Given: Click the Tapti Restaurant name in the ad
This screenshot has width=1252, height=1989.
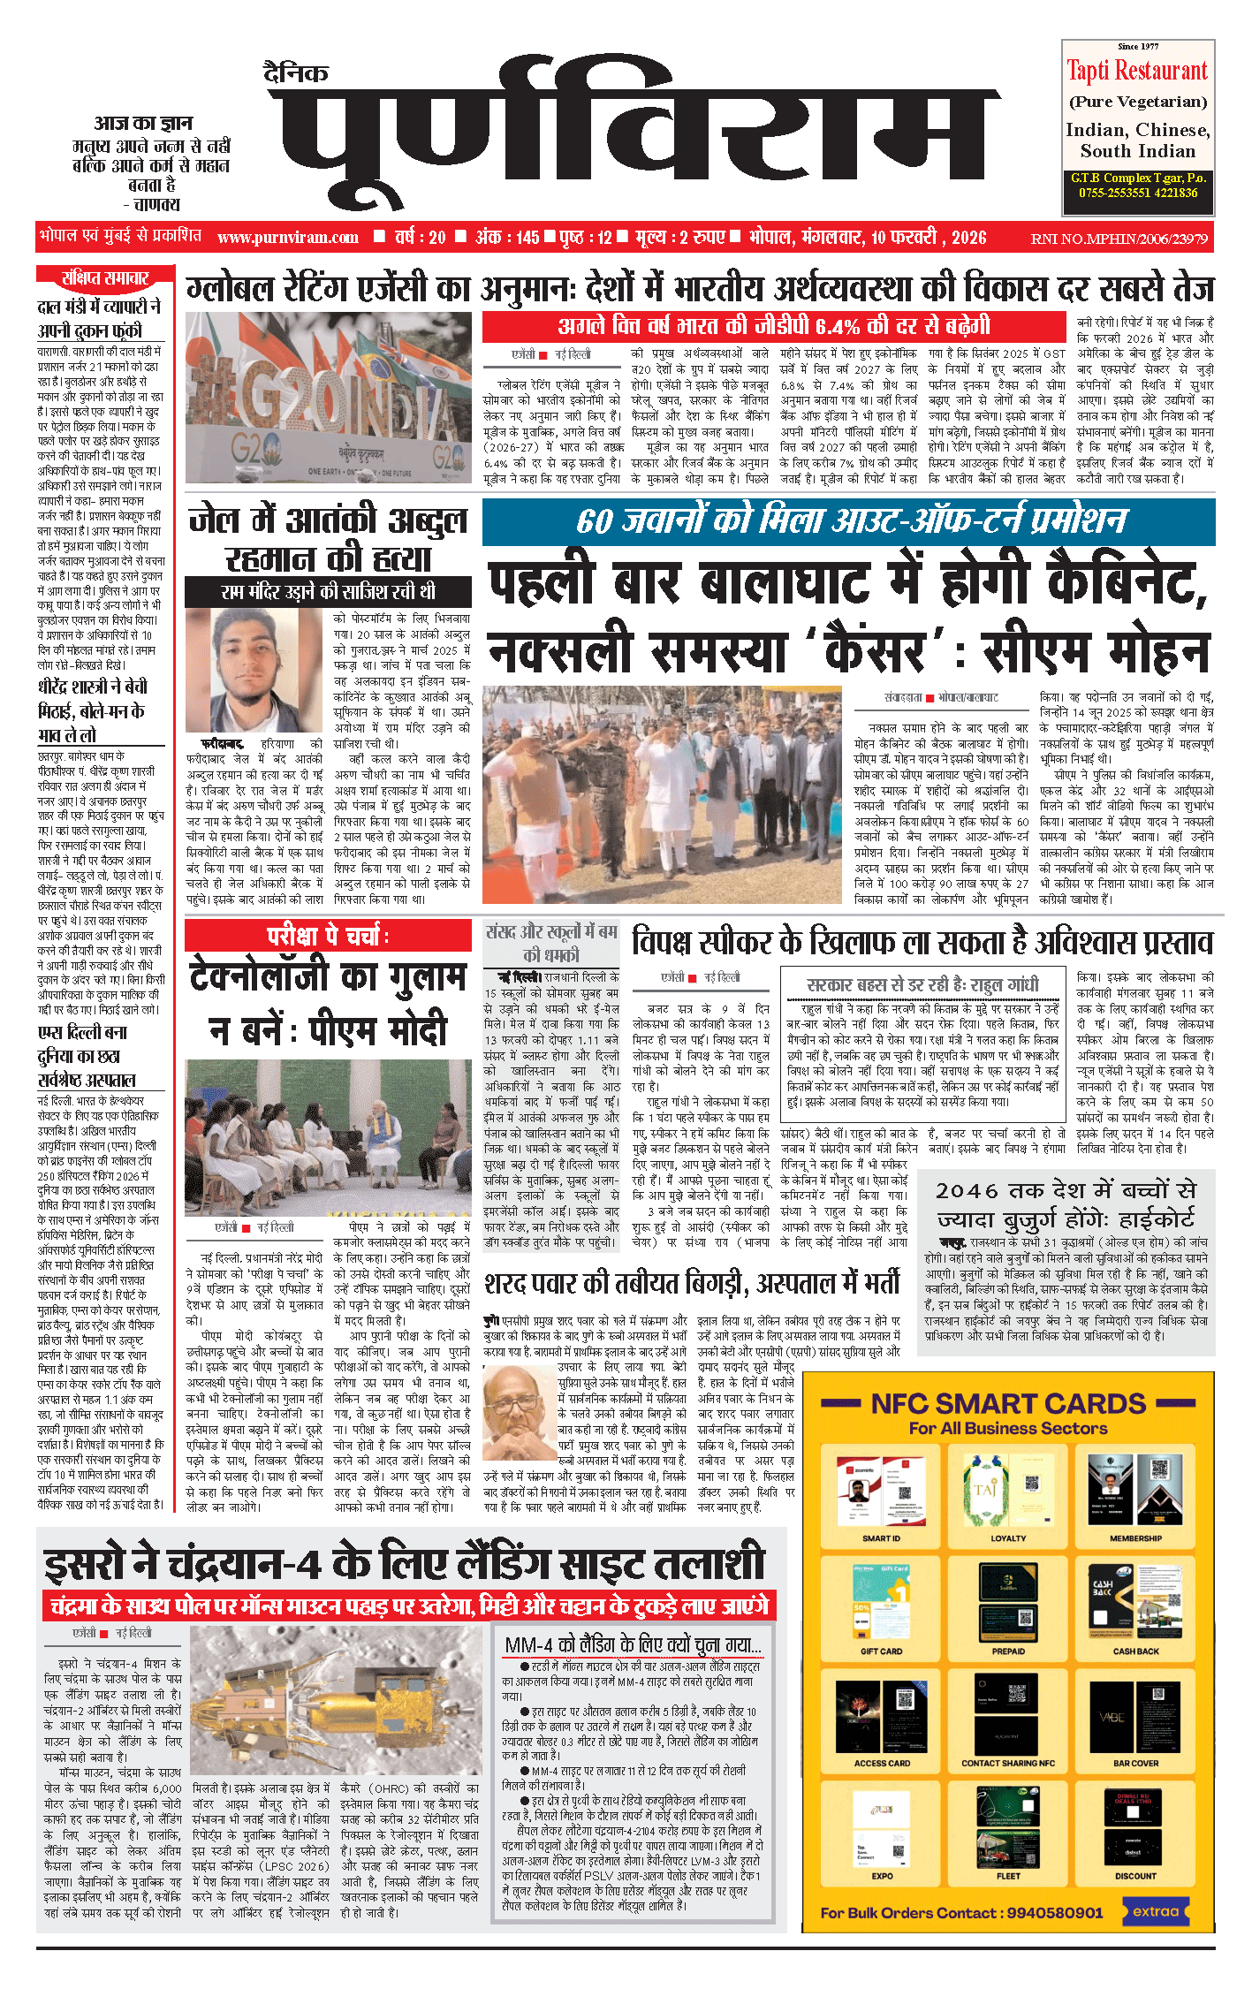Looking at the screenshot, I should pos(1136,71).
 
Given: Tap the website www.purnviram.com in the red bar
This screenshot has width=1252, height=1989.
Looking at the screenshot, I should pos(288,237).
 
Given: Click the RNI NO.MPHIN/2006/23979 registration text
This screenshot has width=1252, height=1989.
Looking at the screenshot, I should pos(1119,238).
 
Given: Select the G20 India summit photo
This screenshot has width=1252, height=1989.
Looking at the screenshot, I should pos(329,397).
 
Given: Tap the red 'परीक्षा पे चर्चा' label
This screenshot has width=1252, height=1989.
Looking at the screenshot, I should pos(328,936).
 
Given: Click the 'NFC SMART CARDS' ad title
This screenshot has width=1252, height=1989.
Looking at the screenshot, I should pos(1008,1404).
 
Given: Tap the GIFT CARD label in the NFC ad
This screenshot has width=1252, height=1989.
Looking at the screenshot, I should pos(881,1651).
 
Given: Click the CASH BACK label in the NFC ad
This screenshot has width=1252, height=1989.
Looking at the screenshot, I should pos(1135,1651).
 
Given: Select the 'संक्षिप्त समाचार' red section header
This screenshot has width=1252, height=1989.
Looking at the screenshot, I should pos(105,277).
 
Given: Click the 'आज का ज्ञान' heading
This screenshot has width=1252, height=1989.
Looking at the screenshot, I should pos(142,124).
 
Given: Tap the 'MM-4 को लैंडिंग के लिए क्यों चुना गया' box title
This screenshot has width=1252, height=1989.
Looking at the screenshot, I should pos(632,1644).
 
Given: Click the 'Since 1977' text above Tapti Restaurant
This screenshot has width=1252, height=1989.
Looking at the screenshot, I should pos(1137,46).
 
